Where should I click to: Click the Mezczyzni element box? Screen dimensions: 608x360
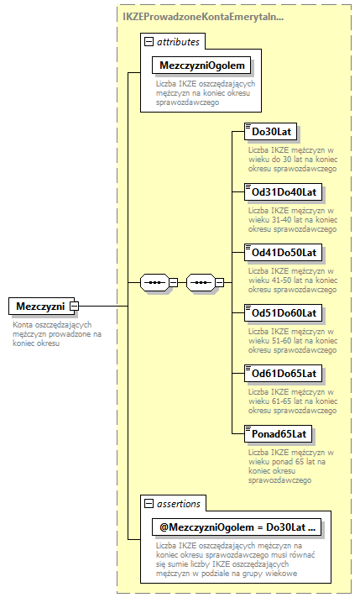pos(39,307)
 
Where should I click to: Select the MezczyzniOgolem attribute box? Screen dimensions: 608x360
pos(202,66)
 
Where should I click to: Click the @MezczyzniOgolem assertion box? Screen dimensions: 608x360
pos(236,527)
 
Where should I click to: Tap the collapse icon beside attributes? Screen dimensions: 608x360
pos(149,40)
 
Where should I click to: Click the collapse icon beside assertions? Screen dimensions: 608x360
pos(149,503)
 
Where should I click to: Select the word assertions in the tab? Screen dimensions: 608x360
pos(178,503)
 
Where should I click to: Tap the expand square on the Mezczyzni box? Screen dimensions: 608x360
pos(75,307)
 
